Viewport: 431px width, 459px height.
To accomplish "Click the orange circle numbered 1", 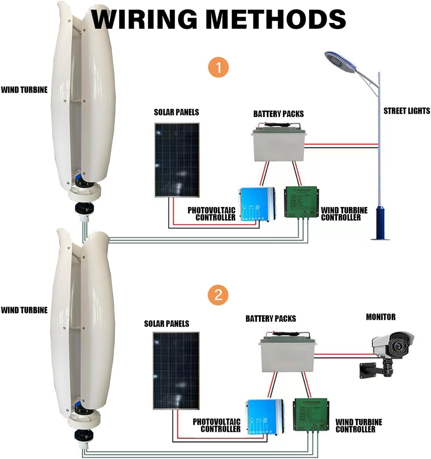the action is pyautogui.click(x=218, y=68).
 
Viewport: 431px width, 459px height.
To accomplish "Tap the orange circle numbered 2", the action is pyautogui.click(x=218, y=295).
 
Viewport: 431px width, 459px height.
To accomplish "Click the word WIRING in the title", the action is pyautogui.click(x=144, y=19).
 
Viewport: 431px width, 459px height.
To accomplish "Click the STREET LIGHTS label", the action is pyautogui.click(x=406, y=111).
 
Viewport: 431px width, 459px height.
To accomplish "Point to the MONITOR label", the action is pyautogui.click(x=380, y=317).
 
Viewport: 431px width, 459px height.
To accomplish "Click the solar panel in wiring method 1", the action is pyautogui.click(x=177, y=160).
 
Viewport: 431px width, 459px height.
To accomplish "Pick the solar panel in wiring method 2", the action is pyautogui.click(x=176, y=370).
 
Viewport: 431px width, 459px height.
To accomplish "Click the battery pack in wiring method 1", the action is pyautogui.click(x=278, y=145).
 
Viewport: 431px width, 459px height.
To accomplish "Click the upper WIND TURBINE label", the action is pyautogui.click(x=24, y=90).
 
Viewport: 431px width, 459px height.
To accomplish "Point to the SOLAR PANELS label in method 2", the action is pyautogui.click(x=166, y=324).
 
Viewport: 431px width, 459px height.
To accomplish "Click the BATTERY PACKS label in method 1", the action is pyautogui.click(x=278, y=114).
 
